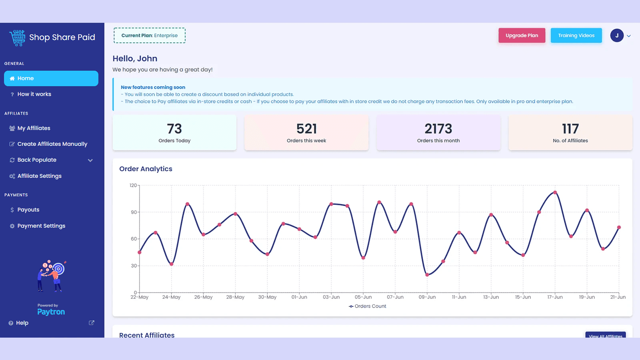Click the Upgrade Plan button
[522, 36]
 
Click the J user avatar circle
[616, 36]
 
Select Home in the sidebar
[51, 78]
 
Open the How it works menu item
[34, 94]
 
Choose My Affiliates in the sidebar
[34, 128]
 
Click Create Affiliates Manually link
[52, 144]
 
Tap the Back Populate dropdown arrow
[90, 160]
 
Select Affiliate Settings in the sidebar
[39, 176]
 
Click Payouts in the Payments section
[28, 210]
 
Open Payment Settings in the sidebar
[41, 226]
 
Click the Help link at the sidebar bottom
[22, 323]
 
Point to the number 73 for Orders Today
[174, 129]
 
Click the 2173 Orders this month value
[438, 129]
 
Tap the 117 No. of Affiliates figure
[570, 129]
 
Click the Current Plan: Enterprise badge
[150, 36]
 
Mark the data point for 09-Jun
[427, 275]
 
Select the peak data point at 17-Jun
[555, 192]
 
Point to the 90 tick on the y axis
[134, 212]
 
